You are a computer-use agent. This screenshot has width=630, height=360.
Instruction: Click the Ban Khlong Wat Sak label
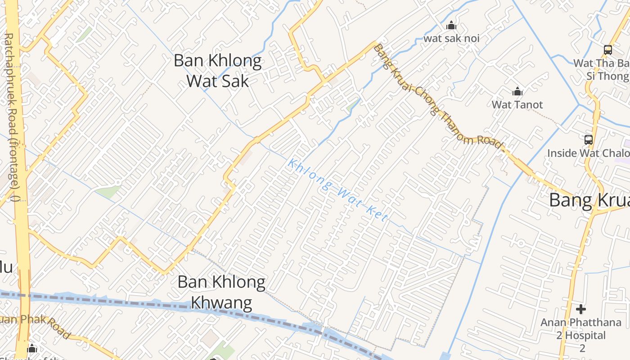[218, 71]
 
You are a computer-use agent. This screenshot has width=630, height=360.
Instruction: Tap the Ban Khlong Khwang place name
[221, 292]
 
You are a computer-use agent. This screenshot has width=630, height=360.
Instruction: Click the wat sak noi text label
[451, 38]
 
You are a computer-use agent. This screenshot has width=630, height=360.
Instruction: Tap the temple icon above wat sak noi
[451, 25]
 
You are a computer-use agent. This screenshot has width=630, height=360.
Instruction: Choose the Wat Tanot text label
[517, 104]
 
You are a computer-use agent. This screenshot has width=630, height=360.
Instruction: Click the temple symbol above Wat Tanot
[517, 92]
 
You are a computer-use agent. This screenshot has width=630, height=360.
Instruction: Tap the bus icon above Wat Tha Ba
[608, 50]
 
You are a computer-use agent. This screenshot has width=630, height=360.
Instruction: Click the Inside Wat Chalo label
[588, 153]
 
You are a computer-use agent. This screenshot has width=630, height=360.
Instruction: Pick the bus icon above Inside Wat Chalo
[588, 140]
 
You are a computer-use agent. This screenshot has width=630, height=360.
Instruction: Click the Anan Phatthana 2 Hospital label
[581, 329]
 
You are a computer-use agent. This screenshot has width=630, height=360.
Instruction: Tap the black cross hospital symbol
[581, 309]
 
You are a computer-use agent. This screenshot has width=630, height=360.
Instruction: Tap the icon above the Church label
[32, 348]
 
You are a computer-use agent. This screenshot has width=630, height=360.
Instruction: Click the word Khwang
[221, 302]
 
